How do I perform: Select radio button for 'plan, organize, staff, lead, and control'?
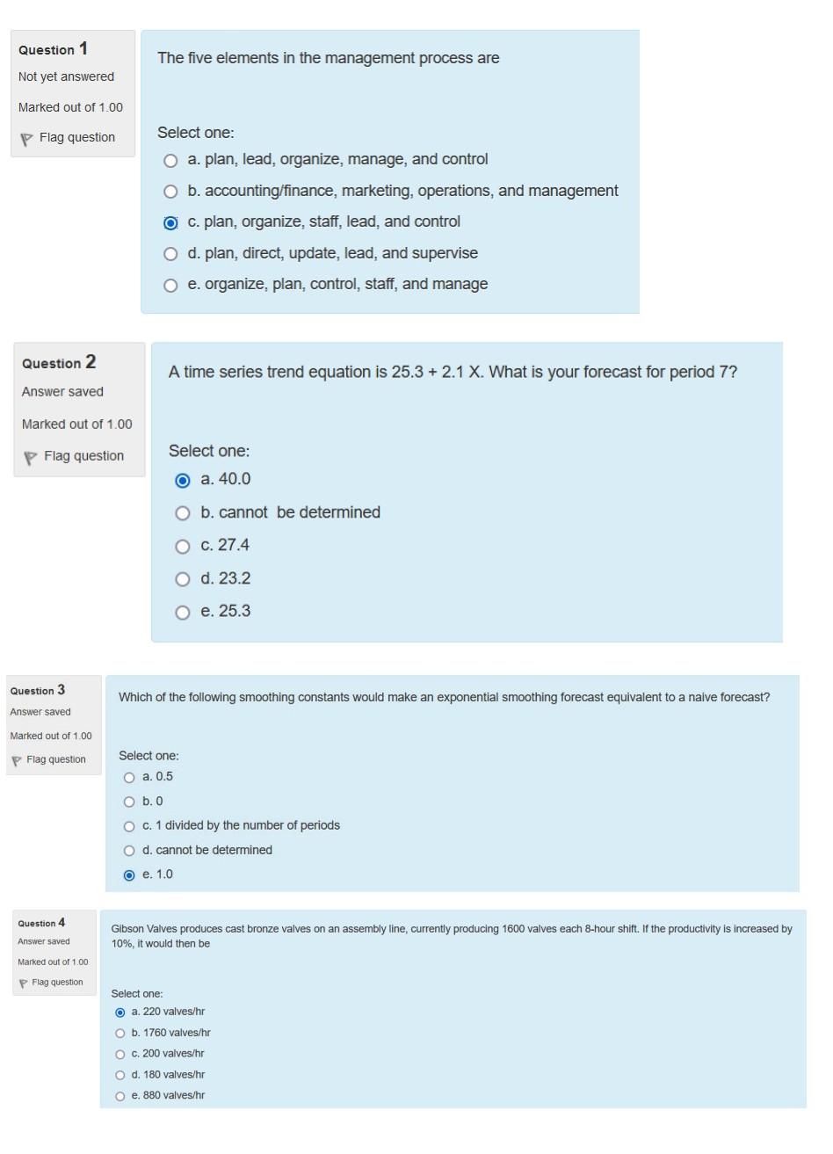[170, 223]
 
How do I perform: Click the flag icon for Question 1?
[26, 139]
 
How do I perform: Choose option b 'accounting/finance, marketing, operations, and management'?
[170, 192]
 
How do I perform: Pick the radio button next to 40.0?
[183, 481]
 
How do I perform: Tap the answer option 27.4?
[183, 547]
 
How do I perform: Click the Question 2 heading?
[59, 363]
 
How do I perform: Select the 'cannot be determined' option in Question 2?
[183, 513]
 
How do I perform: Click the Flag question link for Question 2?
[83, 456]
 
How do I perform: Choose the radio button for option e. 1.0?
[130, 875]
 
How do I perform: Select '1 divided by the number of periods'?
[130, 826]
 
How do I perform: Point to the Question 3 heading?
[38, 690]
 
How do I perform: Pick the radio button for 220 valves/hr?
[120, 1012]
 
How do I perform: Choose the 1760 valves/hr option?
[120, 1034]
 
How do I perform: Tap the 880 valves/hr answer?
[120, 1096]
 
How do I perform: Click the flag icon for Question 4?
[23, 983]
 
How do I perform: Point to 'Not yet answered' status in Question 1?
[66, 76]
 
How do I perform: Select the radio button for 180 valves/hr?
[120, 1075]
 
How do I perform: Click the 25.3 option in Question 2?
[183, 613]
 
